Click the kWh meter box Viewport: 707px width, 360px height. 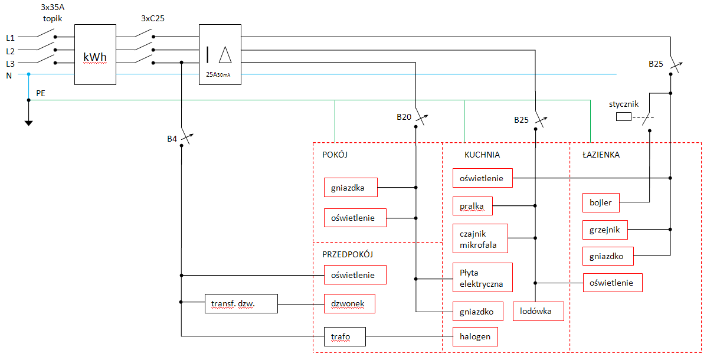coord(95,54)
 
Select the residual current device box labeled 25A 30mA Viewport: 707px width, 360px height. coord(220,54)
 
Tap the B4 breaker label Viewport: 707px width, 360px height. coord(172,139)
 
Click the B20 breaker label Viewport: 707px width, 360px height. coord(404,117)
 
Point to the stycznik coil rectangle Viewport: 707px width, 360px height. coord(624,117)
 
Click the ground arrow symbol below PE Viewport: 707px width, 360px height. coord(28,122)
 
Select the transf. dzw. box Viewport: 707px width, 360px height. coord(241,304)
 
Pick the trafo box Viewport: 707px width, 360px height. coord(345,336)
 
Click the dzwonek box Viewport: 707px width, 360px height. coord(349,303)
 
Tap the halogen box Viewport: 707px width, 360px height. coord(476,336)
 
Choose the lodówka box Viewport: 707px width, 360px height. coord(539,311)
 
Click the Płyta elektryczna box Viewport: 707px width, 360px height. coord(483,278)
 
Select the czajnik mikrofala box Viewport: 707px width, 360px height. coord(480,238)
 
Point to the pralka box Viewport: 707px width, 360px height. coord(473,206)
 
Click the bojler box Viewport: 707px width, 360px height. coord(601,202)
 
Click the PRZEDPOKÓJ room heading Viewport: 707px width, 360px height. coord(348,254)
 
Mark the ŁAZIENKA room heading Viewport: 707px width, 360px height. coord(601,155)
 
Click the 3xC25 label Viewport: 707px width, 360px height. coord(152,18)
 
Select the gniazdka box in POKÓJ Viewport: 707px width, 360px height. coord(351,187)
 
